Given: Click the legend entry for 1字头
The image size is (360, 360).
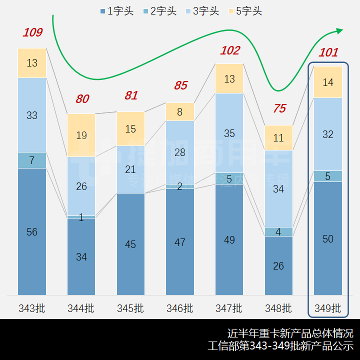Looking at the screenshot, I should click(116, 11).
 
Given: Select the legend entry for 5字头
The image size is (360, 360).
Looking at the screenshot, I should click(245, 11).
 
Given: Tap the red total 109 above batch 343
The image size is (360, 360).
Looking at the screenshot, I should click(32, 33).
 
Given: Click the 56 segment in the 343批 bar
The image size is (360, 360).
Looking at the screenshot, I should click(32, 231).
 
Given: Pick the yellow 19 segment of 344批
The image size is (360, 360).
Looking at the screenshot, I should click(81, 135).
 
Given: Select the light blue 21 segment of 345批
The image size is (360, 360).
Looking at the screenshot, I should click(130, 169).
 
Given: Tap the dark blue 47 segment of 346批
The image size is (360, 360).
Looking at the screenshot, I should click(180, 242).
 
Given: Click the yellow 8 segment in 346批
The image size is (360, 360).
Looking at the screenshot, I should click(180, 112).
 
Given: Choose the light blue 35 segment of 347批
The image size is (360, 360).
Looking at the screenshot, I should click(229, 133).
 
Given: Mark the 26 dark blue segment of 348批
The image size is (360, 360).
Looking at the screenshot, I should click(278, 265).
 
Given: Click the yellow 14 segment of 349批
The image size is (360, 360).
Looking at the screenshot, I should click(328, 82).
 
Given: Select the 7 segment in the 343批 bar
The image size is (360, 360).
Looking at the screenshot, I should click(32, 160).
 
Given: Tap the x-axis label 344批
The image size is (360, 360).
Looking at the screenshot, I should click(81, 308).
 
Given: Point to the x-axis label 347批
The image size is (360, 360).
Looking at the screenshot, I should click(229, 308).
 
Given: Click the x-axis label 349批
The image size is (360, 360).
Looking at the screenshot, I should click(328, 308).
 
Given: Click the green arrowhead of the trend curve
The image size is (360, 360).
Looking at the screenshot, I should click(339, 31).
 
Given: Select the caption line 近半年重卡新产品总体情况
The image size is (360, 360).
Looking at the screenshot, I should click(290, 333).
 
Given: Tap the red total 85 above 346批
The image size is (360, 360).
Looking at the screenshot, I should click(180, 85).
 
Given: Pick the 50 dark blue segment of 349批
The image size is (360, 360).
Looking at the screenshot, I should click(328, 239).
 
